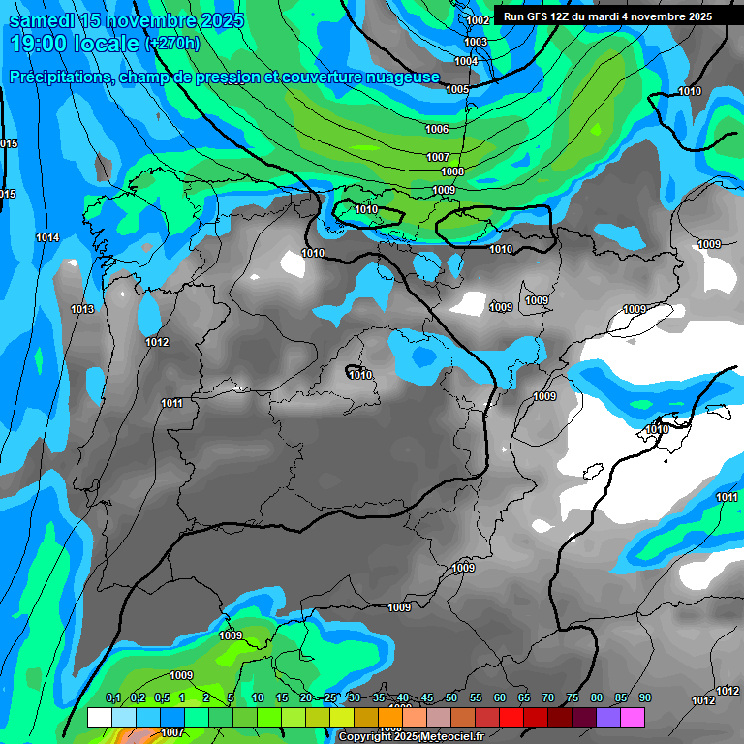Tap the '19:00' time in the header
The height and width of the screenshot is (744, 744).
tap(38, 44)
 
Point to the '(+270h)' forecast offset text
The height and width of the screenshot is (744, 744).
tap(172, 44)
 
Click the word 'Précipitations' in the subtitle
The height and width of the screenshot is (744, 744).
tap(60, 77)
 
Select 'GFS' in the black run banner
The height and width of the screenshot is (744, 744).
tap(537, 16)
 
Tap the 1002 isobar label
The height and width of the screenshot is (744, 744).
tap(478, 20)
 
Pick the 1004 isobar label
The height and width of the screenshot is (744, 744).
tap(466, 61)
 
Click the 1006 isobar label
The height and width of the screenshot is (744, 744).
tap(437, 129)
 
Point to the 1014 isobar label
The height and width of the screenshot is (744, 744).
tap(46, 237)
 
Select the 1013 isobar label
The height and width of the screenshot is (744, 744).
tap(82, 309)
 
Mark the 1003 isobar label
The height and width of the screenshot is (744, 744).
tap(476, 42)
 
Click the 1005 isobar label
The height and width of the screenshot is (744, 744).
tap(457, 89)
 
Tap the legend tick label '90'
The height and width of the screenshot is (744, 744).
tap(645, 697)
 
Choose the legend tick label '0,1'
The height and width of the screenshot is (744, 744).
tap(112, 697)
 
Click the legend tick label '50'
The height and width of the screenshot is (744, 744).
tap(451, 697)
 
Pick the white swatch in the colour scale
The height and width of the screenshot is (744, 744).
tap(99, 717)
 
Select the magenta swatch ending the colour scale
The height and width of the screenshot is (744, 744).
tap(633, 717)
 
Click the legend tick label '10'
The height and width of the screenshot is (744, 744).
tap(257, 697)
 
